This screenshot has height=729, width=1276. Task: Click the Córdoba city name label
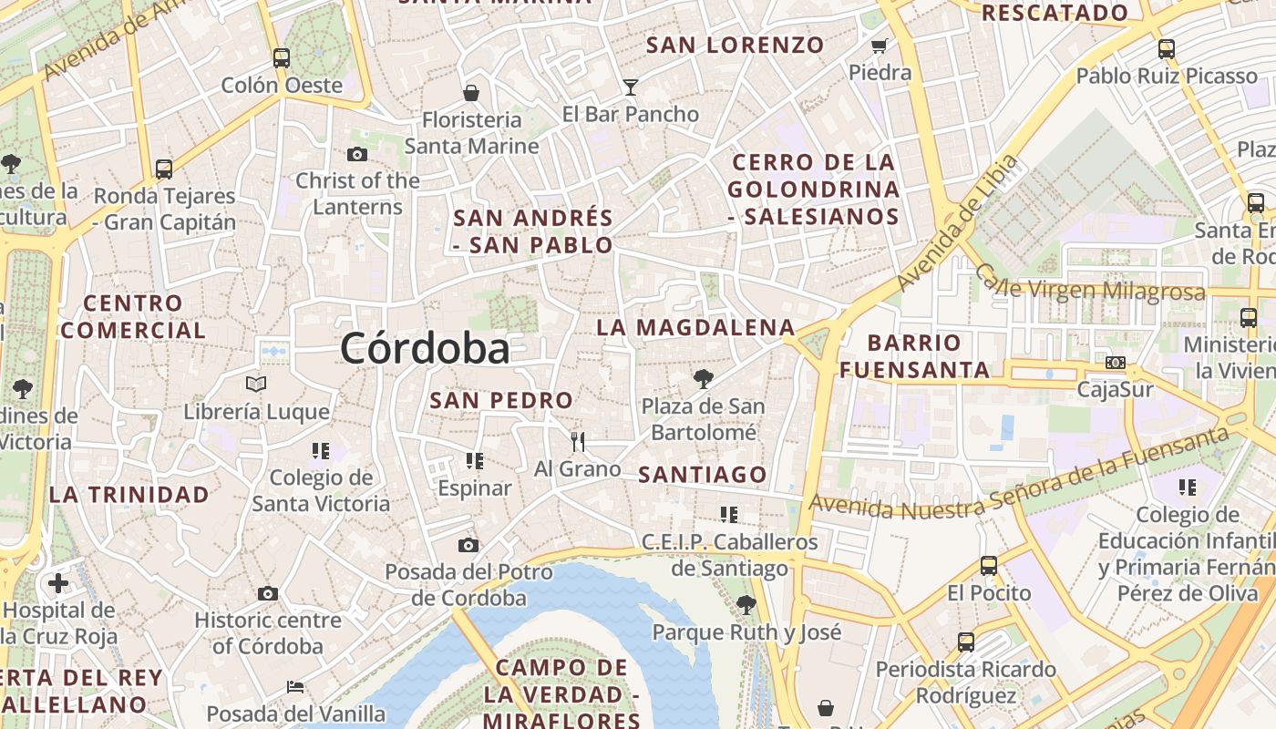[425, 349]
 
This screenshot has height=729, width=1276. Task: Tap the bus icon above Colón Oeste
[281, 58]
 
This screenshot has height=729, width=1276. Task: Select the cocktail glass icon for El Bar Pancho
[630, 87]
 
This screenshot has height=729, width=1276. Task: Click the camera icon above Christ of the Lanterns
[357, 154]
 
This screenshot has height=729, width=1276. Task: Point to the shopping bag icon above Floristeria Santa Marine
[471, 92]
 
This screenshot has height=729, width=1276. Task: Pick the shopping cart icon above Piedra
[880, 46]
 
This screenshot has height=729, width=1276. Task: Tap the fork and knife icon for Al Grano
[577, 442]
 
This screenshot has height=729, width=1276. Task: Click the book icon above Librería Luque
[256, 385]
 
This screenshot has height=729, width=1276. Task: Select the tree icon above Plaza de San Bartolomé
[702, 378]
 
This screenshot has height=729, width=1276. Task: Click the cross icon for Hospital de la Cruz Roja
[58, 583]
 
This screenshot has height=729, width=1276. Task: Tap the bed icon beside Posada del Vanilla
[294, 686]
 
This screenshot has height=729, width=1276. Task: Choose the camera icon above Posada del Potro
[468, 545]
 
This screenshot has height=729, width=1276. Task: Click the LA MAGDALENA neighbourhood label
[695, 327]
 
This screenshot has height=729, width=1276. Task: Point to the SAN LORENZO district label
[735, 45]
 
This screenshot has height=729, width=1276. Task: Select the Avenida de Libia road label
[957, 222]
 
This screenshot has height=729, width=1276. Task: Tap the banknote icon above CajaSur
[1115, 363]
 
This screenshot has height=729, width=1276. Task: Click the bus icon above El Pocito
[989, 566]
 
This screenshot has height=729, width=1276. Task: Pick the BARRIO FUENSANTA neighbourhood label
[914, 356]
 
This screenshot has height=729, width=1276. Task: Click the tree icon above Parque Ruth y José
[746, 604]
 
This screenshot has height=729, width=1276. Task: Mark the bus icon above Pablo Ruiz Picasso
[1166, 49]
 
